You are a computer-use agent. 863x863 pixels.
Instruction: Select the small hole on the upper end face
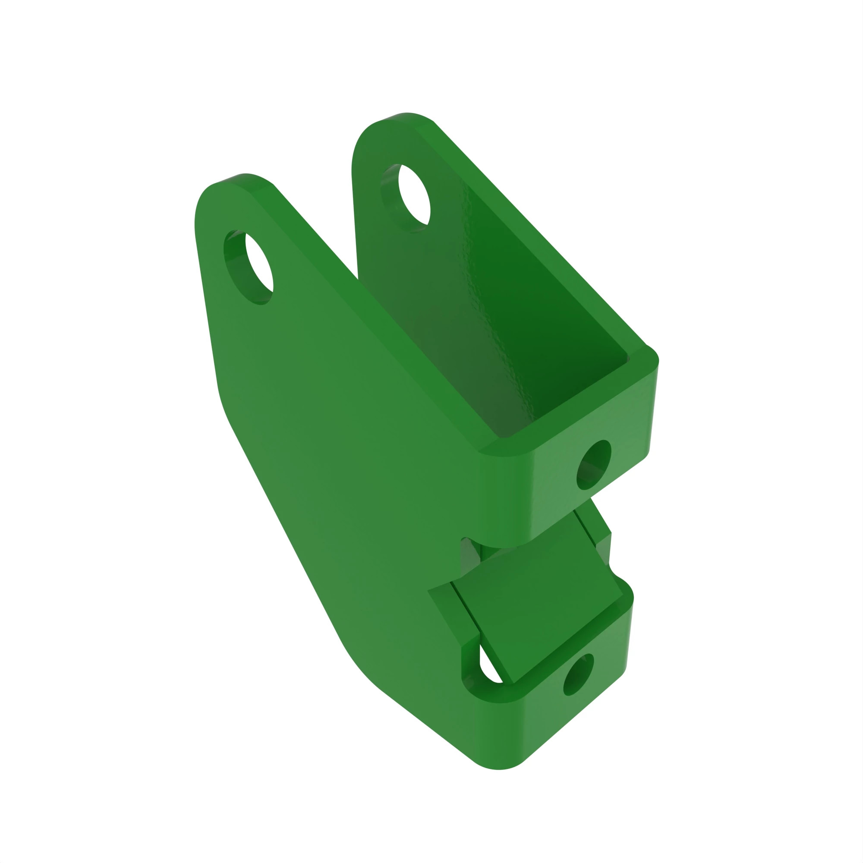594,465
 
